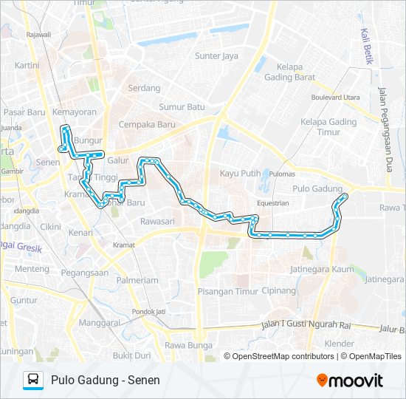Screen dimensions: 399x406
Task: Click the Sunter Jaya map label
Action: (x=216, y=56)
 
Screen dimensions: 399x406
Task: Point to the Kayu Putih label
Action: (x=240, y=174)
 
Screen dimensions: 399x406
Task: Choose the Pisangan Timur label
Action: (x=227, y=291)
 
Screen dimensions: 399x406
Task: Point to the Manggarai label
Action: (x=99, y=323)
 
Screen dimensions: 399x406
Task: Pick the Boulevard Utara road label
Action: (x=335, y=97)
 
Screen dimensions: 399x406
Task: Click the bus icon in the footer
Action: (x=33, y=380)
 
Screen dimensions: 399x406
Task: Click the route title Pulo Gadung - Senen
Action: (x=106, y=381)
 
